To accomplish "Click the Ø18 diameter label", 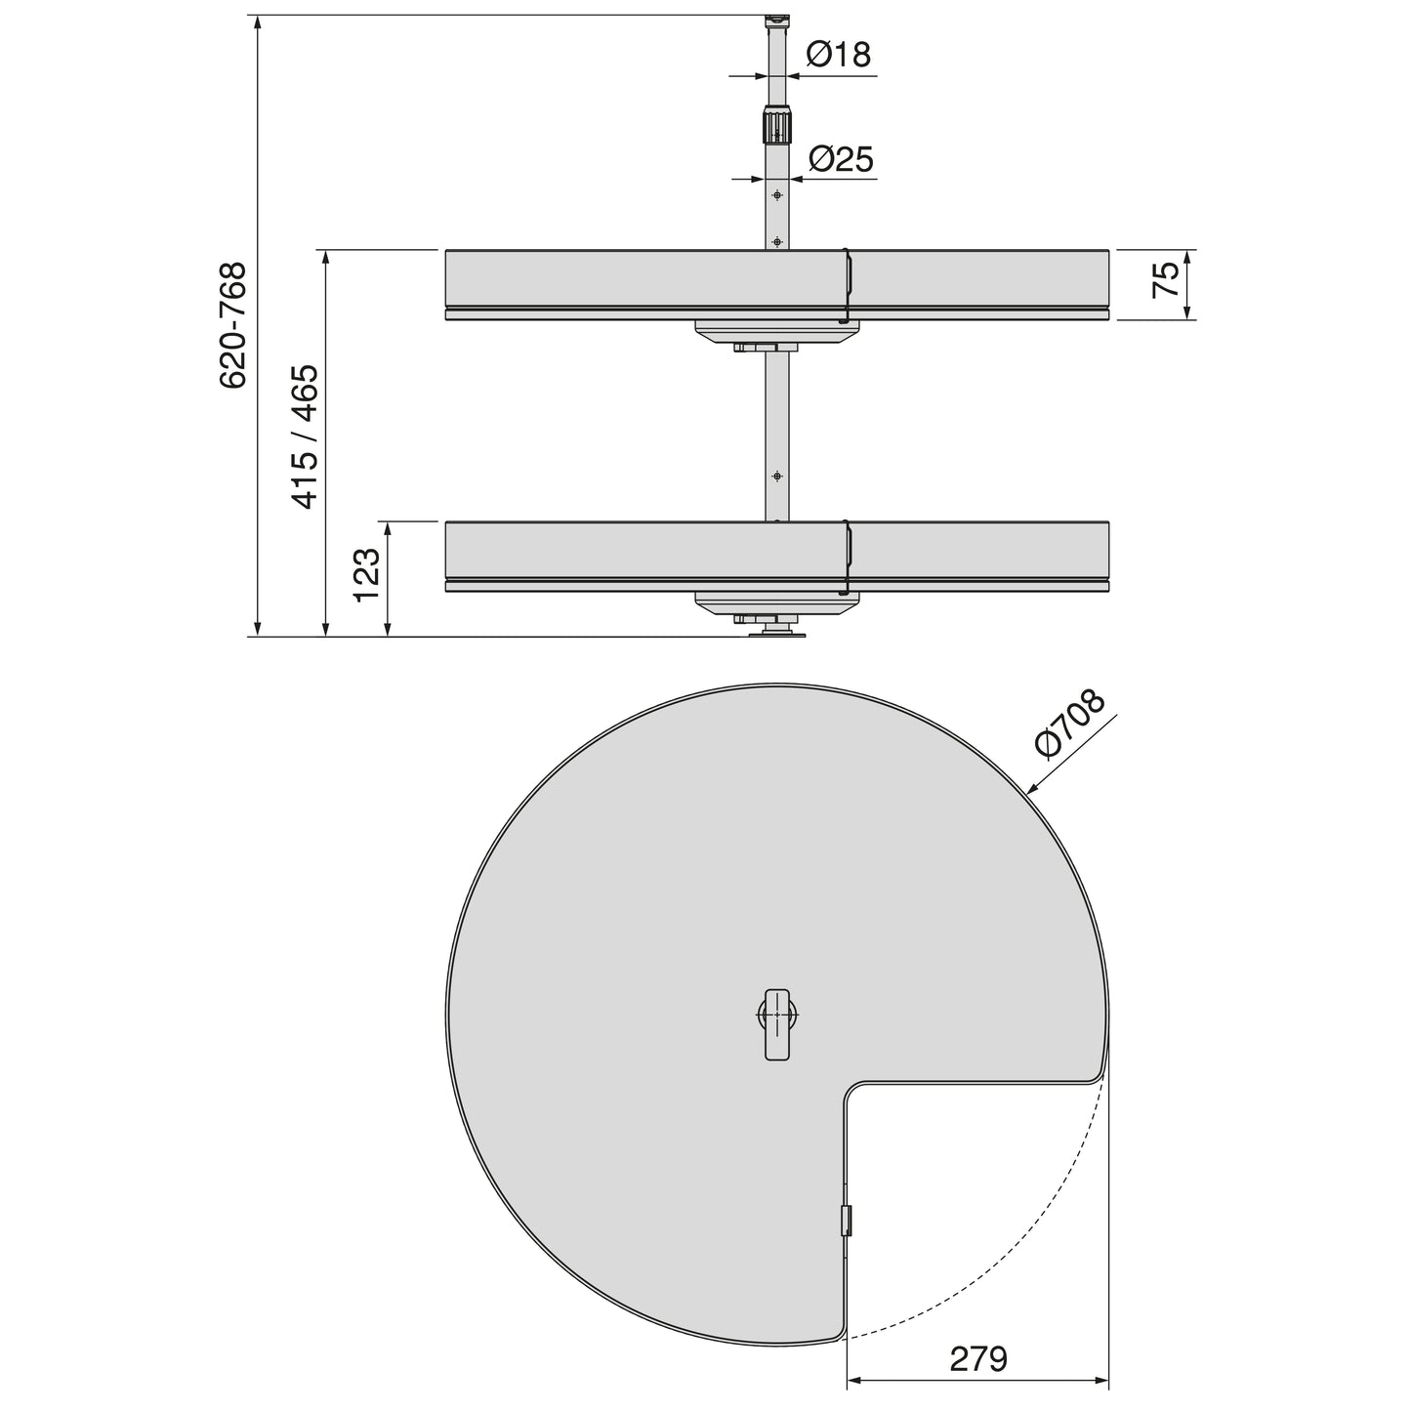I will (838, 55).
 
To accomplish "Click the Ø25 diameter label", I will (841, 158).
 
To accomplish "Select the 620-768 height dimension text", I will (233, 325).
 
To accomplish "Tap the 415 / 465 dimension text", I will (306, 436).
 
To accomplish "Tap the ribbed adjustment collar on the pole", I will (776, 127).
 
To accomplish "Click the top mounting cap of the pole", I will (776, 20).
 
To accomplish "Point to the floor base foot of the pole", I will (777, 635).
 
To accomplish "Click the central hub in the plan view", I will (777, 1023).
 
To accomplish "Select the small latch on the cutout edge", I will (847, 1221).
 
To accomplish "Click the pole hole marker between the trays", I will (777, 476).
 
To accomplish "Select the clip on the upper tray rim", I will (848, 283).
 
